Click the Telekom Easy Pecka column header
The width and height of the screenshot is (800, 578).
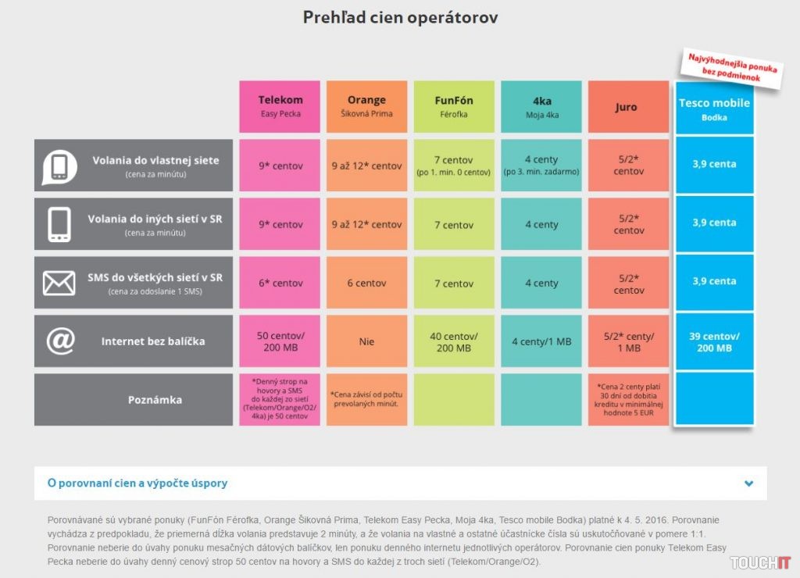[x=280, y=106]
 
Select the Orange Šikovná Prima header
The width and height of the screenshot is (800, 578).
[x=366, y=106]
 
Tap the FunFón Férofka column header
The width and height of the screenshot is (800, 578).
[x=454, y=106]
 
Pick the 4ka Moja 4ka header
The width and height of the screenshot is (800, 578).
[x=541, y=106]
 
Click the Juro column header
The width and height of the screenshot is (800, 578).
[x=627, y=107]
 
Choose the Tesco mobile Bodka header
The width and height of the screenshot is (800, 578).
[x=714, y=108]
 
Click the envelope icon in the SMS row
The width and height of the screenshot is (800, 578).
[x=59, y=283]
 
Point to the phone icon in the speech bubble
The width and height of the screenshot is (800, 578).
[x=59, y=166]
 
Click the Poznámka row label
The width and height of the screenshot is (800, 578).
[x=155, y=400]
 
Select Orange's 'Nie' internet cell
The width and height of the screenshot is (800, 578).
[x=366, y=341]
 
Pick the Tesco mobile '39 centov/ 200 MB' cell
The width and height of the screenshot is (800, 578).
[x=714, y=341]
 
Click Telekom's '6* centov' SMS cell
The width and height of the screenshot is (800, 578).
[x=280, y=283]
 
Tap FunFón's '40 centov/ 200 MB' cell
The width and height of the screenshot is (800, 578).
[x=454, y=341]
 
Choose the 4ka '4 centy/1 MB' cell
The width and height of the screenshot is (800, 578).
[x=541, y=341]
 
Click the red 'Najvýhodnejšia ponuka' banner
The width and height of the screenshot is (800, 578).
[x=732, y=69]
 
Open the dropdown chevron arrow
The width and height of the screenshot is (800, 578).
[x=749, y=483]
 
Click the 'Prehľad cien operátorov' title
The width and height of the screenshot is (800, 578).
[x=400, y=17]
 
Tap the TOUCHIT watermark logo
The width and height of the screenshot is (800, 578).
[x=760, y=562]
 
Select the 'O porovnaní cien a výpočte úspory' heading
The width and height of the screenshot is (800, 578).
[x=137, y=483]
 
